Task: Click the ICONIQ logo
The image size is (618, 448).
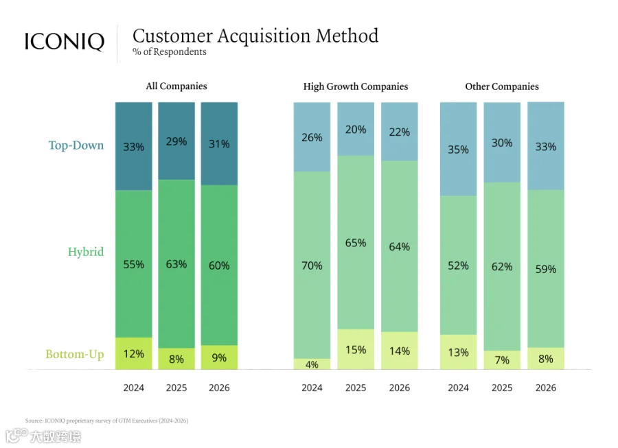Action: click(65, 41)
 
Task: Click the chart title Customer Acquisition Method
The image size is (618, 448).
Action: click(255, 36)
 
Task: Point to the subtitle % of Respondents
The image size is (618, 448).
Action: click(170, 51)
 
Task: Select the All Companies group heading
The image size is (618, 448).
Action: click(176, 86)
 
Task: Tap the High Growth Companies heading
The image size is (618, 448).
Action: click(356, 86)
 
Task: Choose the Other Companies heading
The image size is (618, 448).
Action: click(502, 86)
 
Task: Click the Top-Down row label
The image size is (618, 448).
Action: click(76, 145)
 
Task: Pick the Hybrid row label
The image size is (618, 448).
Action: click(86, 252)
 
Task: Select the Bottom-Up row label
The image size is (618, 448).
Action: click(74, 354)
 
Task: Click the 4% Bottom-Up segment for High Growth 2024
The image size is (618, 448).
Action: click(312, 364)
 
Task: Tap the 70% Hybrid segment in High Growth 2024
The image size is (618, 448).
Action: click(312, 265)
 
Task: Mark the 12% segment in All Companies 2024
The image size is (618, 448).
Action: click(134, 353)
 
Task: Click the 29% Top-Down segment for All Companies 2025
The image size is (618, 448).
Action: click(176, 141)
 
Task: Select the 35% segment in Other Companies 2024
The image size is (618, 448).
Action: click(458, 149)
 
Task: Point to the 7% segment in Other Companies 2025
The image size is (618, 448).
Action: click(502, 359)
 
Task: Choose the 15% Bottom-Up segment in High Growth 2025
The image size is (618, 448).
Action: click(356, 349)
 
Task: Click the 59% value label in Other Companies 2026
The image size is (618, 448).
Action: click(545, 269)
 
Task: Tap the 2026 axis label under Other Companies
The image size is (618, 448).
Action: click(545, 388)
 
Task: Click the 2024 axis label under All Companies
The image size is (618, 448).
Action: click(134, 388)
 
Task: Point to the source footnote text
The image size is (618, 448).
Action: click(107, 421)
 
